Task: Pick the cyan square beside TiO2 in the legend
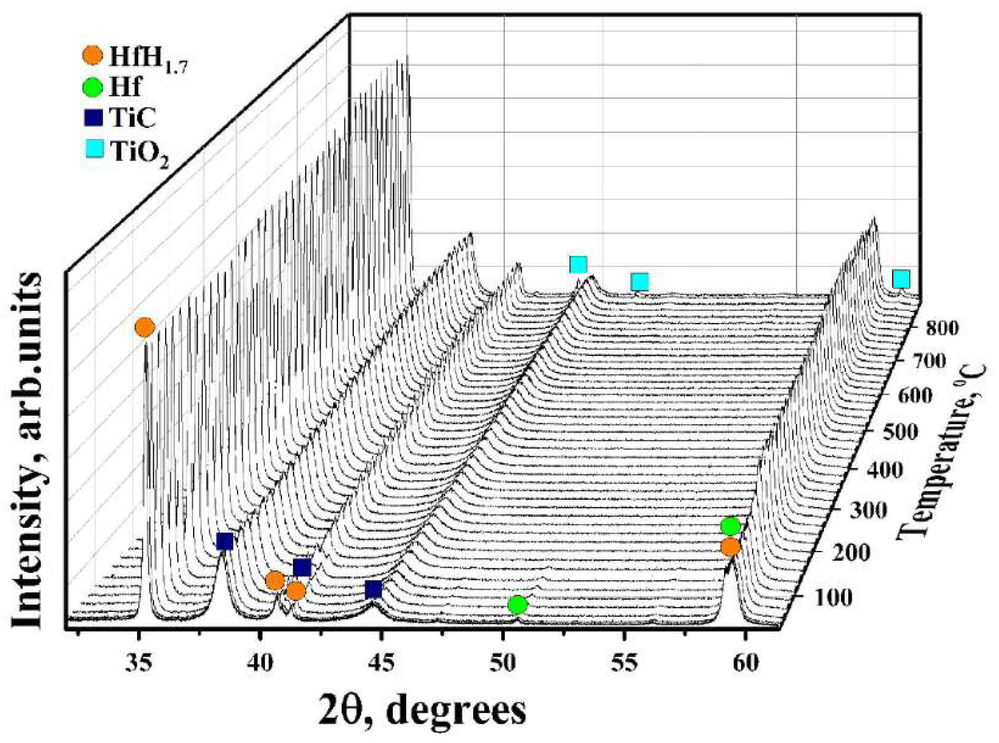(x=94, y=150)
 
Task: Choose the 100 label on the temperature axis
(x=834, y=598)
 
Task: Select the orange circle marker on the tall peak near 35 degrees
(x=145, y=327)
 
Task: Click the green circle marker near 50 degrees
(x=518, y=605)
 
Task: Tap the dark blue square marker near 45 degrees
(x=373, y=589)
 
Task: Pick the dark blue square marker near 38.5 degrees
(x=224, y=541)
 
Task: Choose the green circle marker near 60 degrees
(x=730, y=526)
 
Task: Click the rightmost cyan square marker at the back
(x=901, y=279)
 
